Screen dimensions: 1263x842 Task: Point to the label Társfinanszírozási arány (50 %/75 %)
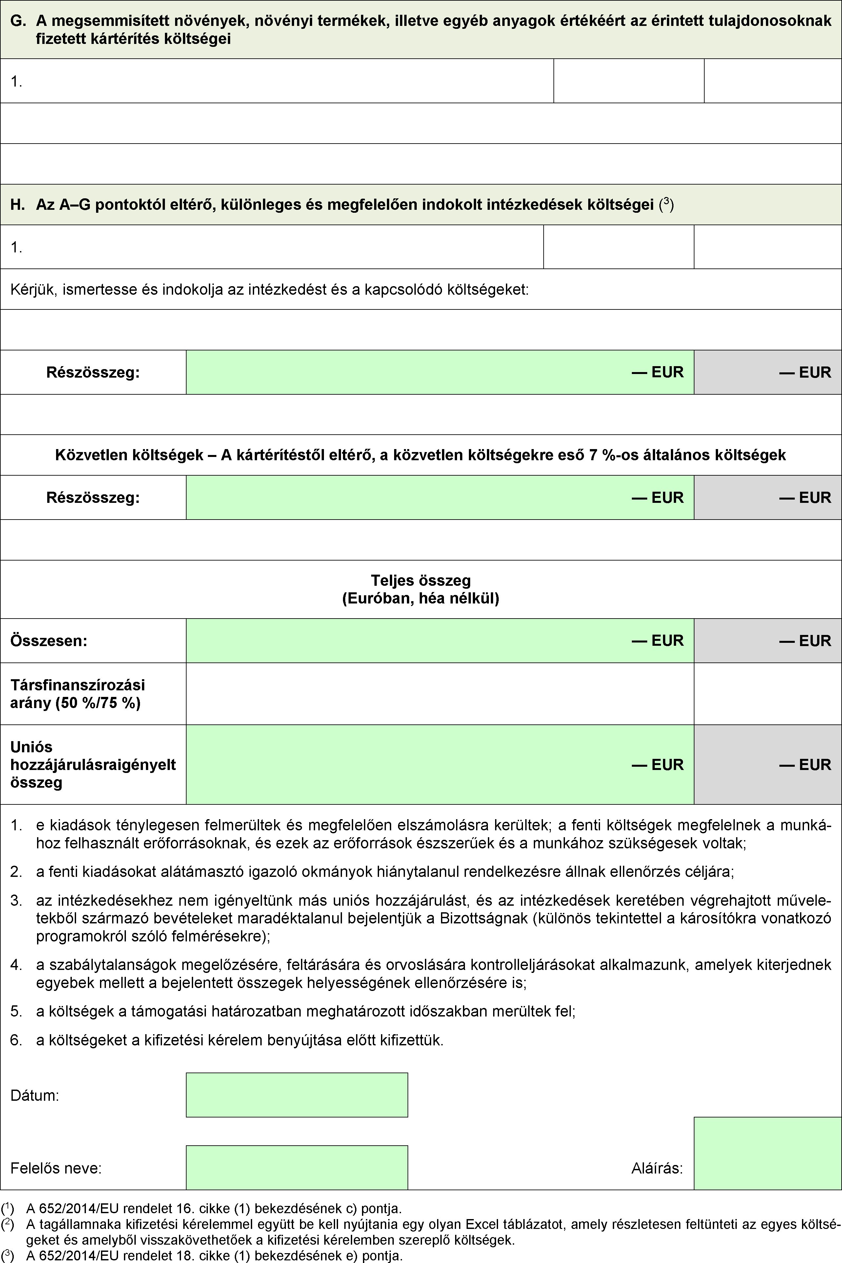tap(78, 694)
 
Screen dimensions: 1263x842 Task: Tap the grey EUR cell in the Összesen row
tap(767, 641)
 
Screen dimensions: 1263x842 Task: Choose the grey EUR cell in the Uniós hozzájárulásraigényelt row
tap(767, 764)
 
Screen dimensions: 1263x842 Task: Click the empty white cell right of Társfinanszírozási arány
tap(439, 694)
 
